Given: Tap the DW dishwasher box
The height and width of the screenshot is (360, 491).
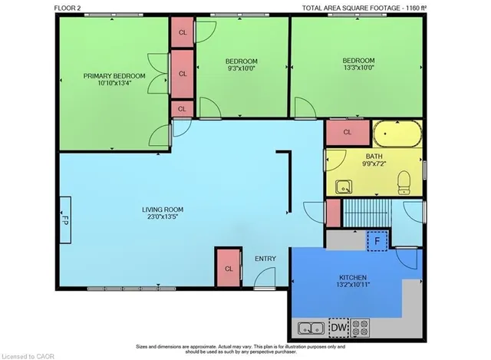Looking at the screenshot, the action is click(339, 328).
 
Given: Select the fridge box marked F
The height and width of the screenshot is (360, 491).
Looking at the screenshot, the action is click(377, 241).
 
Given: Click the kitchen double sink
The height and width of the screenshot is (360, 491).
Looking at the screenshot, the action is click(311, 329).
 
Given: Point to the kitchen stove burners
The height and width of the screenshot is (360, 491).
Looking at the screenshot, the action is click(360, 328).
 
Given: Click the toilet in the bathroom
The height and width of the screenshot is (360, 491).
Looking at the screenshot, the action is click(404, 183).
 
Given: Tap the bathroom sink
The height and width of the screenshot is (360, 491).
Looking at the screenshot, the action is click(344, 187).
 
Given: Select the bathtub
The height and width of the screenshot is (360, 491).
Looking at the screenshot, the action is click(397, 134).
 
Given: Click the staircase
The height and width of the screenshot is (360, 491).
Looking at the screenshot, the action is click(367, 213).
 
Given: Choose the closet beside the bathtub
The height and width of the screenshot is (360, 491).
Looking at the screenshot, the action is click(348, 133).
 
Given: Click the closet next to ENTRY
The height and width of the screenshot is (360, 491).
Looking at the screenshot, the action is click(229, 268).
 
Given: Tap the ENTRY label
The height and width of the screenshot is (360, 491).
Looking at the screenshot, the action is click(265, 259).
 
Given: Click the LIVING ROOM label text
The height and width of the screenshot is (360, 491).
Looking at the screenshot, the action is click(163, 210).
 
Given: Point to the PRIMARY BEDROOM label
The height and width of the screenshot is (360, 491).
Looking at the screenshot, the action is click(114, 76).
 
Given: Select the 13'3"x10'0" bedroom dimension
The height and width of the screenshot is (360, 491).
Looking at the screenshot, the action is click(358, 67).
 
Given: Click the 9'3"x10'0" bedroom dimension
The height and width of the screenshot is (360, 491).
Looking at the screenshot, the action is click(242, 68).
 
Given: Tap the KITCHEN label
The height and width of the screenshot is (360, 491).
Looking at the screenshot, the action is click(353, 278).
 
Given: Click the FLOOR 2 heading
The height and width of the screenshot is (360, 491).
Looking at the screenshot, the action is click(68, 8).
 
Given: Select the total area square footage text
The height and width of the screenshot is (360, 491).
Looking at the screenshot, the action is click(364, 8).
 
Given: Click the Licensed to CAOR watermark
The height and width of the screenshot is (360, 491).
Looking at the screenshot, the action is click(28, 357).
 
